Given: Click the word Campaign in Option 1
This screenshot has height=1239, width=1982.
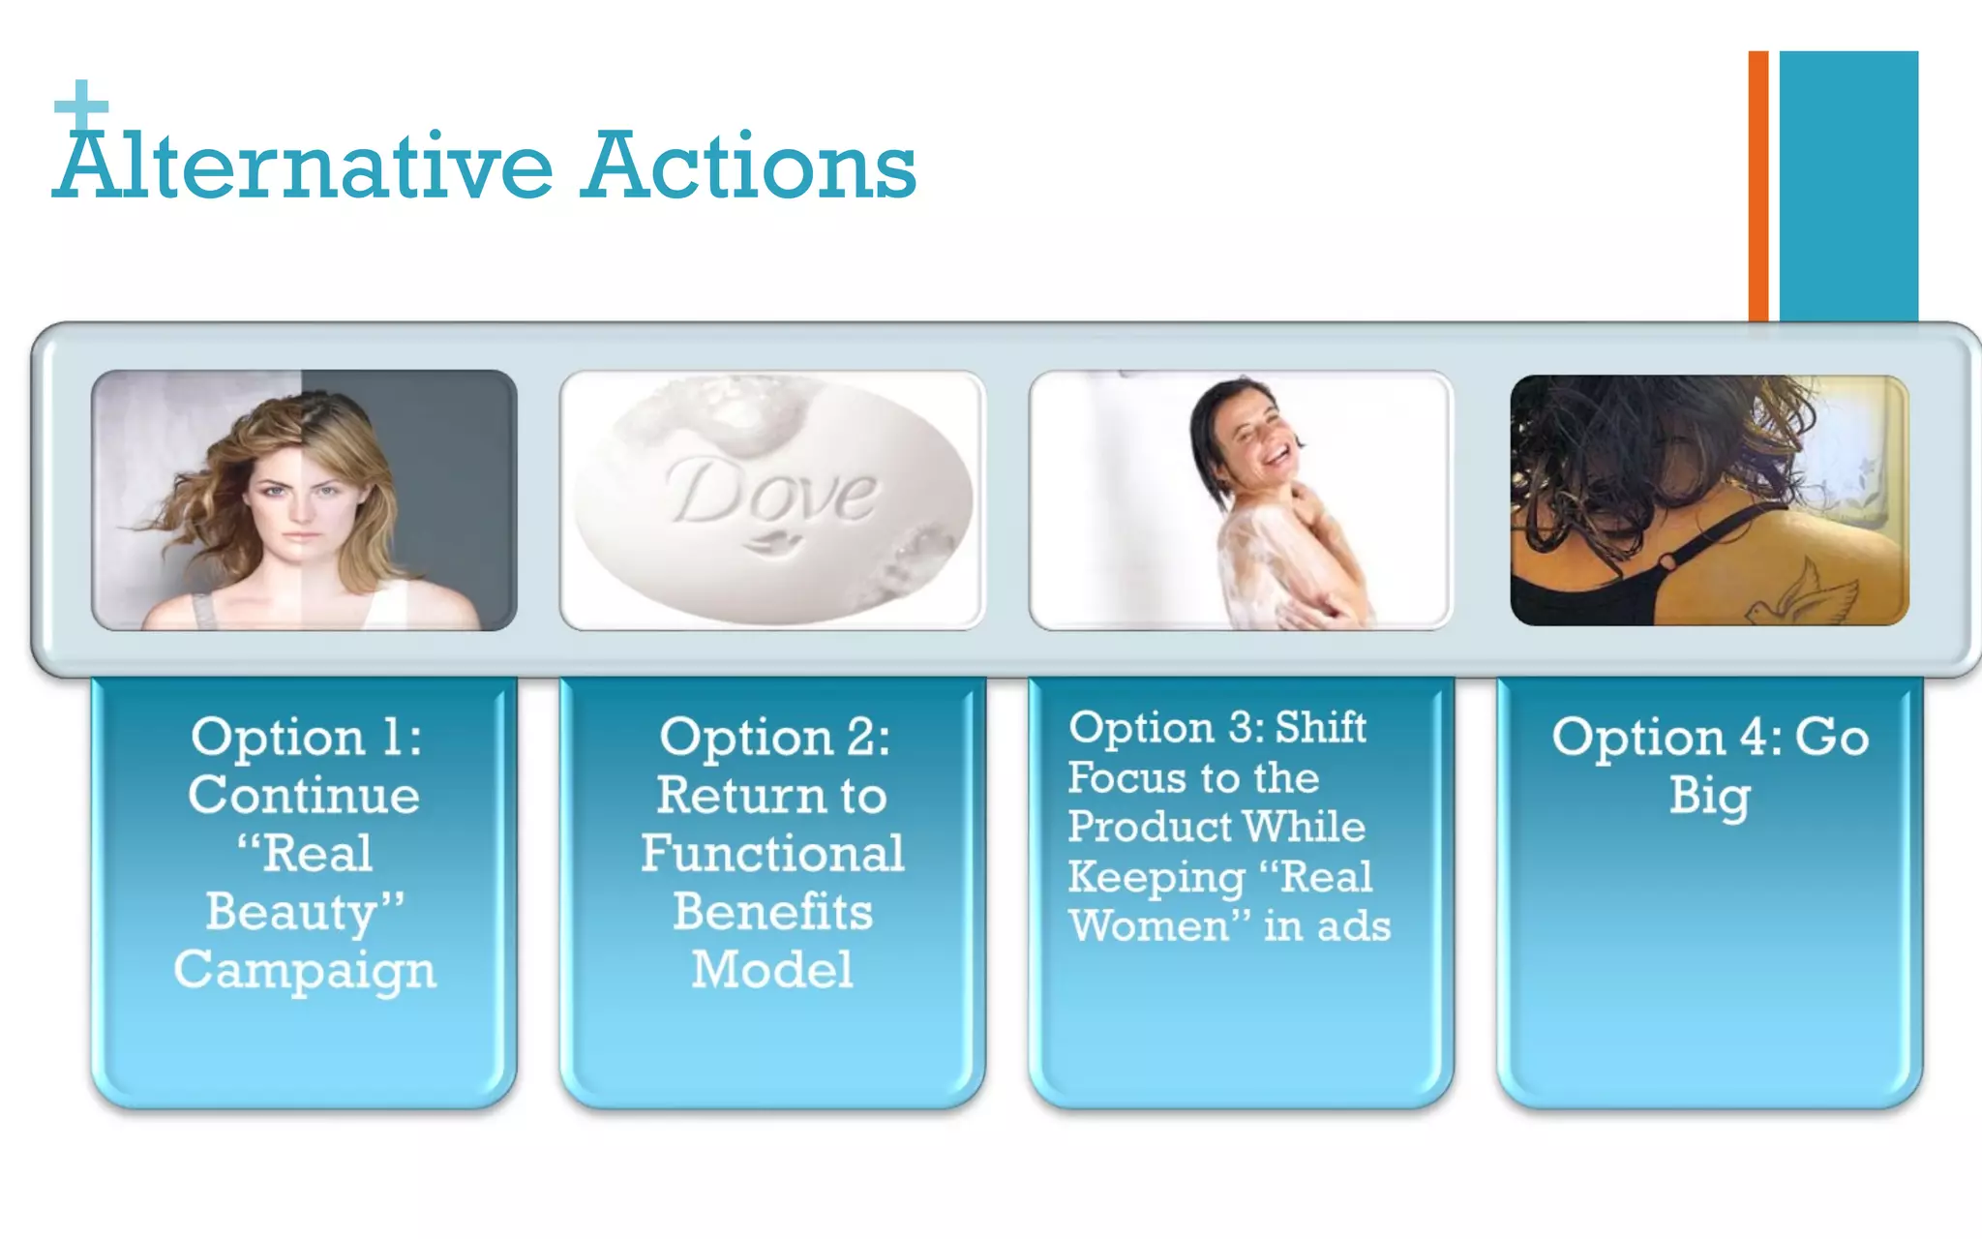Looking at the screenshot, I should [x=305, y=969].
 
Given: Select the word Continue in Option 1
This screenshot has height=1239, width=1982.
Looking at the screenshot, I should [x=304, y=795].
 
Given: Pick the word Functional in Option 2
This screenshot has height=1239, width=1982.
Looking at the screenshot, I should [x=772, y=853].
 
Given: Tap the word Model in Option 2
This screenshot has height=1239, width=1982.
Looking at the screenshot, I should [x=772, y=969].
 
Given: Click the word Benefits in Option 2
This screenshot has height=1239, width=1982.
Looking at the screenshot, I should [x=772, y=911].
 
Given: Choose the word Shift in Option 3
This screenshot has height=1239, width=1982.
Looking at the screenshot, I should [x=1320, y=727].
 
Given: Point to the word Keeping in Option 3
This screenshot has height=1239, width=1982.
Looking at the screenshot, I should [x=1156, y=877].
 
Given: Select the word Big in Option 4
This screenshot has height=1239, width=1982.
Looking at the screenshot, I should [x=1709, y=797].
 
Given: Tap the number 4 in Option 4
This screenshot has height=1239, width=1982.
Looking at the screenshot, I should [x=1754, y=738].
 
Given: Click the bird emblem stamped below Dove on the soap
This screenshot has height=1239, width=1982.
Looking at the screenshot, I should [x=771, y=543].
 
